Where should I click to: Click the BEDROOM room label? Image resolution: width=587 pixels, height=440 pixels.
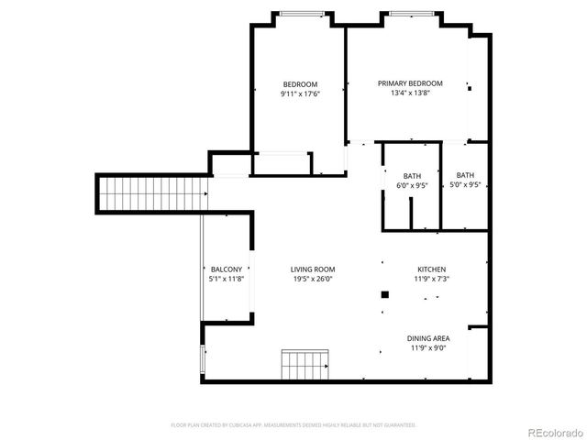[x=299, y=84]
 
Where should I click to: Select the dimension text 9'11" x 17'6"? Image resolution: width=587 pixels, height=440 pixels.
[x=299, y=93]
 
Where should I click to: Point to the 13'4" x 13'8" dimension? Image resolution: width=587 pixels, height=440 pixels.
[x=410, y=93]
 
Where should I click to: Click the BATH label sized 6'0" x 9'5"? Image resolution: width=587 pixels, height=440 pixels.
[x=412, y=176]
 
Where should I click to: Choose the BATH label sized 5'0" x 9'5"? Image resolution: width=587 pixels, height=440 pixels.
[x=466, y=176]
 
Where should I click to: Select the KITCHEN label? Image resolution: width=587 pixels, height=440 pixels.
[x=431, y=269]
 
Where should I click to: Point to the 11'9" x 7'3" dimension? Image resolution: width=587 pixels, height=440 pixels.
[x=431, y=280]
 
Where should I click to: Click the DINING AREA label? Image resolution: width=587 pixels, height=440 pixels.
[x=428, y=338]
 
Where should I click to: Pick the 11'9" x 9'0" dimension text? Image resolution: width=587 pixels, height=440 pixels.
[x=428, y=348]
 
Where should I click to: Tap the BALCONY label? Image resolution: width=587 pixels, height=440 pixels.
[x=226, y=269]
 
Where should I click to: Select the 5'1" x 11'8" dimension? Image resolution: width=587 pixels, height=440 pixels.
[x=226, y=280]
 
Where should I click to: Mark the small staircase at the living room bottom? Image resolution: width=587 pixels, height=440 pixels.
[x=305, y=364]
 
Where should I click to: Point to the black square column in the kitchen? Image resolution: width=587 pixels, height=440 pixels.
[x=385, y=294]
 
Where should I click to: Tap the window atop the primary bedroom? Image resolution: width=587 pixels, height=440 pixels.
[x=410, y=13]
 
